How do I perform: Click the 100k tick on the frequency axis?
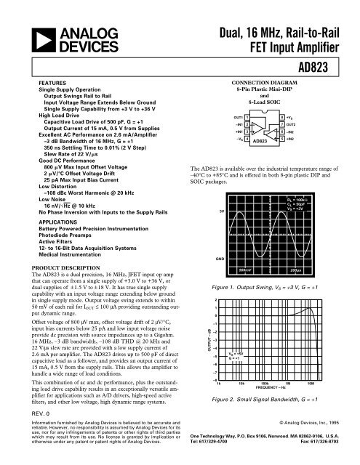click(x=265, y=382)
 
